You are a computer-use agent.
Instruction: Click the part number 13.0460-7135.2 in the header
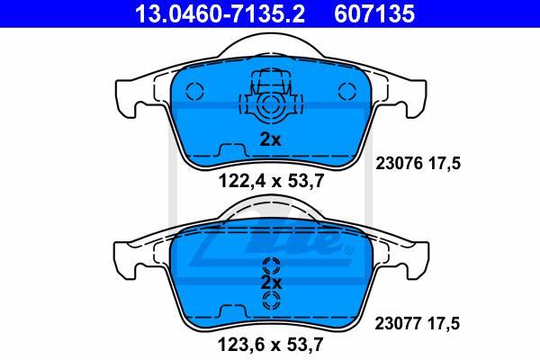(220, 13)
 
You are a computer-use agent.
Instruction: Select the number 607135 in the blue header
(374, 13)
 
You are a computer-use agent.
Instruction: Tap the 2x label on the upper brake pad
(270, 139)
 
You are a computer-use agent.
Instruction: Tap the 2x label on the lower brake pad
(272, 283)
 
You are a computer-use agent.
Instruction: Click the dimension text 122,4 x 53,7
(272, 181)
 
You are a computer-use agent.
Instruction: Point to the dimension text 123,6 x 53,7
(271, 344)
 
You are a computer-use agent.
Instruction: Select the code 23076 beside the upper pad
(399, 163)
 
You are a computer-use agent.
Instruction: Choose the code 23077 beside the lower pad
(398, 323)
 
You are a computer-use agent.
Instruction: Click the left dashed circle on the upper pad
(194, 91)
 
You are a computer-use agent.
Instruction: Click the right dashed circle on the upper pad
(347, 91)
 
